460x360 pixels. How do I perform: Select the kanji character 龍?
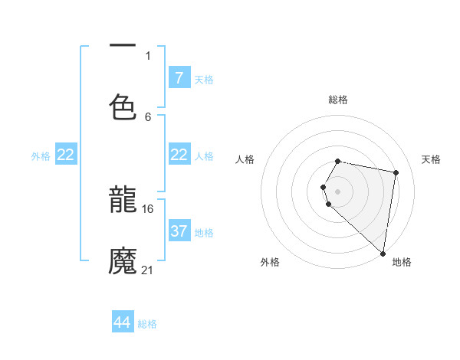coord(123,202)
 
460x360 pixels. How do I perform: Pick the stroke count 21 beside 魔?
coord(148,270)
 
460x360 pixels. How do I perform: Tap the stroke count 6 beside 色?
coord(148,116)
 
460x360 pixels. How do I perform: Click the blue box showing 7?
coord(179,78)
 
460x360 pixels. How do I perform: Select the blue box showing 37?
coord(179,231)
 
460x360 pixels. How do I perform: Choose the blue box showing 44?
coord(123,322)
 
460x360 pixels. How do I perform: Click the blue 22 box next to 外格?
coord(66,155)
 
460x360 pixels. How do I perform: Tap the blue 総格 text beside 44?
coord(147,324)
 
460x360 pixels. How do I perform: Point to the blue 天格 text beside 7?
coord(204,80)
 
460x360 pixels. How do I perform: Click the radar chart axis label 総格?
coord(338,100)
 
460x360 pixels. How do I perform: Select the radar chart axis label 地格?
coord(402,262)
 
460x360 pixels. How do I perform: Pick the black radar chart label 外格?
coord(270,262)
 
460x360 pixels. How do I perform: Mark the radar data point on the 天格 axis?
coord(396,172)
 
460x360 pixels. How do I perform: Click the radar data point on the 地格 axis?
coord(382,253)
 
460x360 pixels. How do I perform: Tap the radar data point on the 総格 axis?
coord(338,161)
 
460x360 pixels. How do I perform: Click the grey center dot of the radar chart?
coord(338,191)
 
